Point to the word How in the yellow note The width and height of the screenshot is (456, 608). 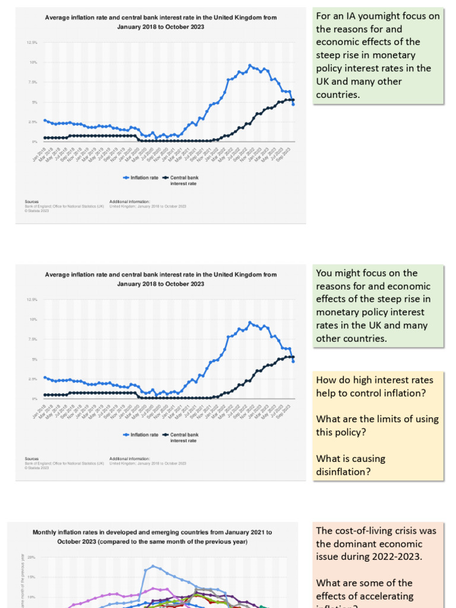pos(326,380)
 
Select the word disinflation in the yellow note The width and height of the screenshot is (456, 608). pos(342,471)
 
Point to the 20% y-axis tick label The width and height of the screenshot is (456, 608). pos(31,558)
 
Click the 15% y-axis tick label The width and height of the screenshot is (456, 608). pos(31,577)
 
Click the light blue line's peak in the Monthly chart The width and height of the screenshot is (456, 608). pos(153,566)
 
